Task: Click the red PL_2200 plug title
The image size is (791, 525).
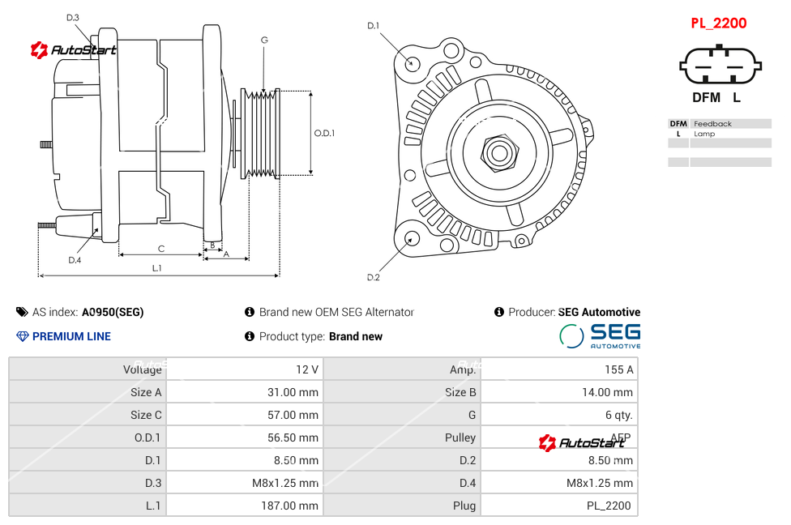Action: tap(718, 23)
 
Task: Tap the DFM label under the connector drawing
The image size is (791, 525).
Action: tap(706, 98)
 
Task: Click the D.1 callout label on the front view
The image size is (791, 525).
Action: tap(374, 26)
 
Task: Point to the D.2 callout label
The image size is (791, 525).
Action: tap(374, 278)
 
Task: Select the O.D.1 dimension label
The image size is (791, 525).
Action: tap(324, 134)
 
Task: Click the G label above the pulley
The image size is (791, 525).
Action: tap(264, 41)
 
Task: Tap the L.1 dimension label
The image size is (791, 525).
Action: tap(157, 268)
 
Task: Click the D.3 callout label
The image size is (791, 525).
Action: tap(73, 18)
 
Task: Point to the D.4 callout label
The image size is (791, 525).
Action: tap(75, 260)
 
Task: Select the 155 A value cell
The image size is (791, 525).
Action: tap(618, 369)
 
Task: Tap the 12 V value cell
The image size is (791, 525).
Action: tap(306, 369)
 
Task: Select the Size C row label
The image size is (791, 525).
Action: tap(146, 415)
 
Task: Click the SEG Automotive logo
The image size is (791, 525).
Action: tap(601, 335)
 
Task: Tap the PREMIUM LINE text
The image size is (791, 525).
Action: tap(71, 336)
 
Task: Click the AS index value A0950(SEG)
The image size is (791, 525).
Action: tap(113, 312)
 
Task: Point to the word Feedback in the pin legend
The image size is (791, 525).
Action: tap(712, 124)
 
